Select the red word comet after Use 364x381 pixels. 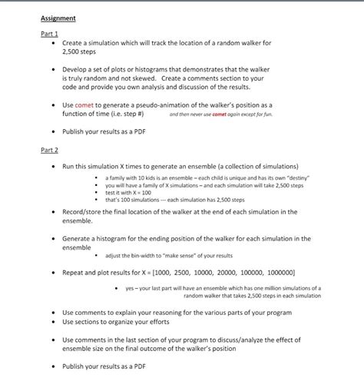pyautogui.click(x=84, y=104)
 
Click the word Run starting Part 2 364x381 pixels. pyautogui.click(x=69, y=166)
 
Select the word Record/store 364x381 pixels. pyautogui.click(x=84, y=211)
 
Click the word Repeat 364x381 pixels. pyautogui.click(x=74, y=273)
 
